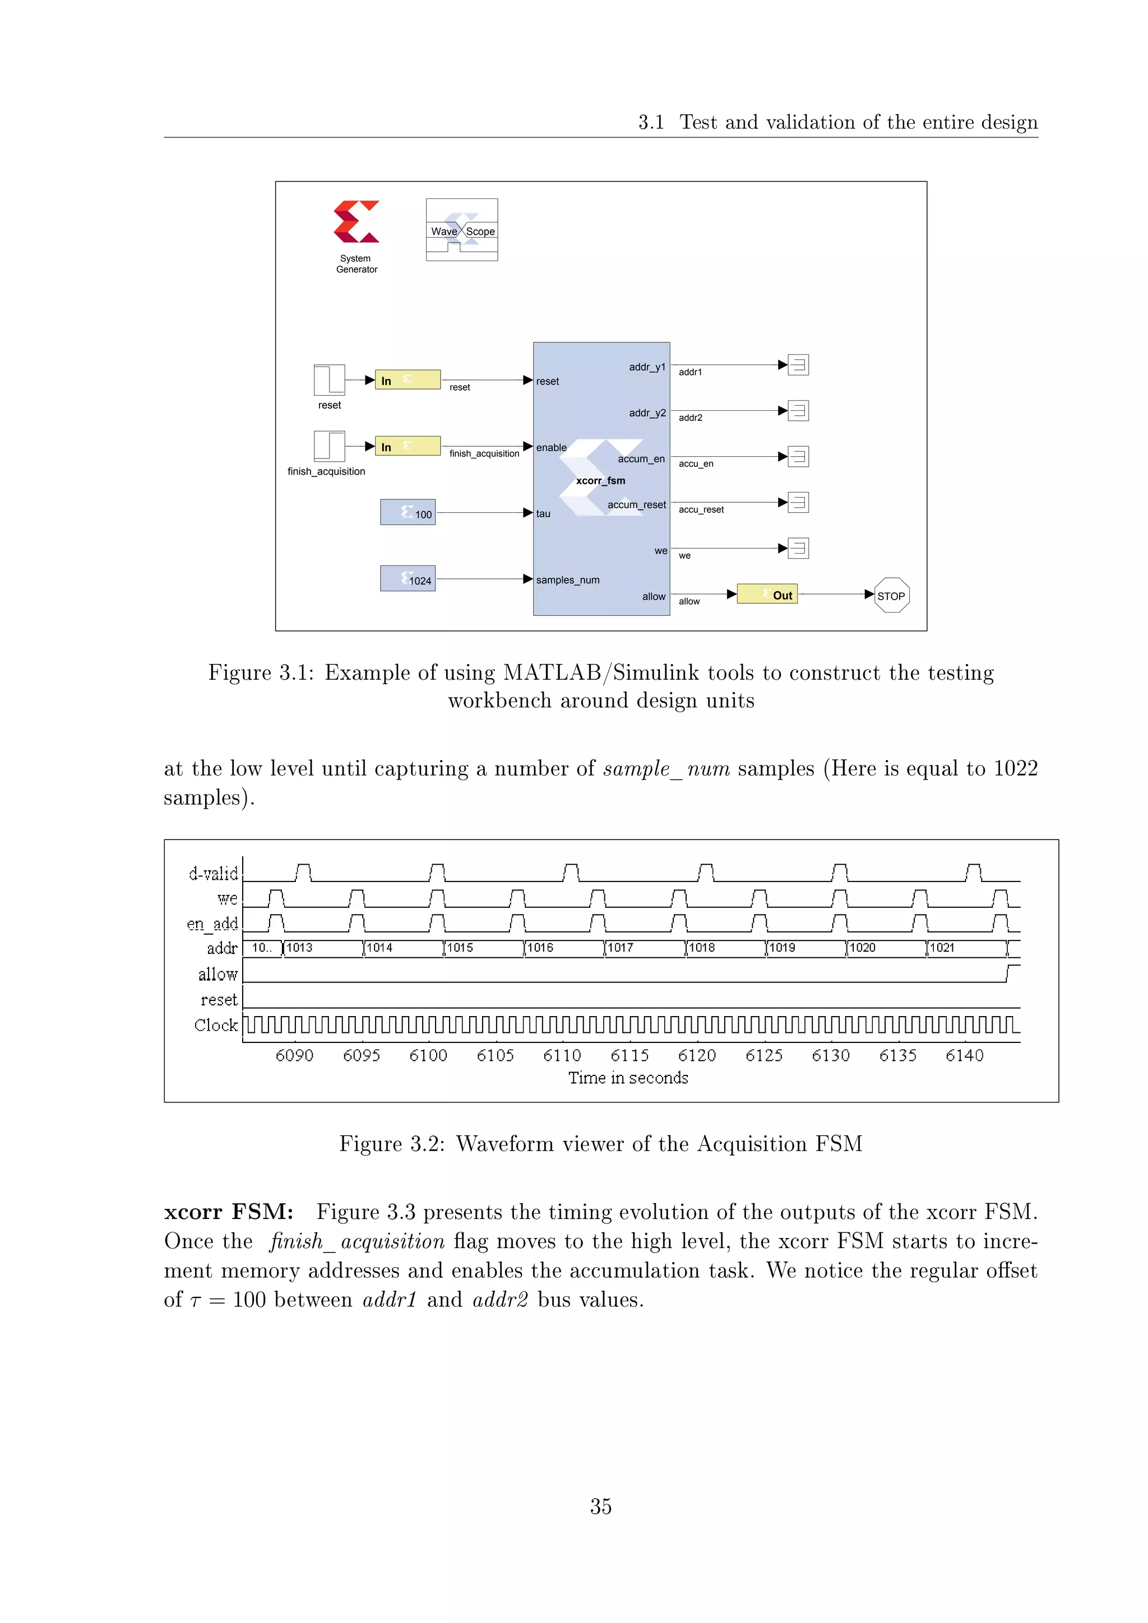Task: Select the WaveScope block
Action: (x=461, y=230)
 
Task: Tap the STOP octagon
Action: (x=891, y=595)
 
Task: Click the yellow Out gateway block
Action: (x=767, y=594)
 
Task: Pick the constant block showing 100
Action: (x=408, y=512)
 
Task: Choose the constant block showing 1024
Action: (x=408, y=578)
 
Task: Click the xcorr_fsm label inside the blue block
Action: (x=600, y=481)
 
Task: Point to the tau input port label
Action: (x=543, y=514)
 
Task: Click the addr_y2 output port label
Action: (x=647, y=413)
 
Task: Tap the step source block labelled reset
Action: (x=330, y=381)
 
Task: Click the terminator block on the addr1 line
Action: (x=798, y=365)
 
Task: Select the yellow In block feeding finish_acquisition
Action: (x=408, y=446)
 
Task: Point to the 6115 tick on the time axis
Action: (x=629, y=1055)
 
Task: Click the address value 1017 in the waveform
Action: (x=620, y=948)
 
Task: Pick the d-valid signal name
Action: (x=213, y=874)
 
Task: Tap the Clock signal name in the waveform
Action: (x=216, y=1025)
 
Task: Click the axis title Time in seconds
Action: (x=628, y=1078)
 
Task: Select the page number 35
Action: (x=601, y=1506)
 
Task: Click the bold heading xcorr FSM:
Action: (x=228, y=1212)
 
